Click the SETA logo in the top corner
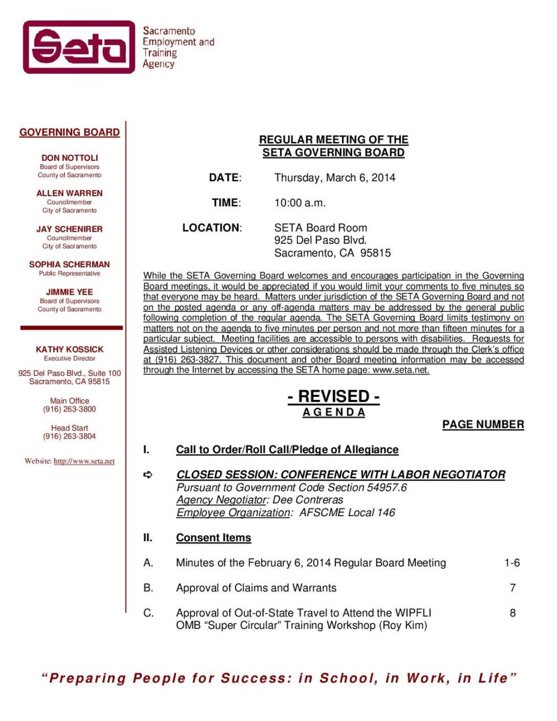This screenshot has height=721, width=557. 79,47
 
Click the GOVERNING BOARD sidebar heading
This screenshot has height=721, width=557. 70,132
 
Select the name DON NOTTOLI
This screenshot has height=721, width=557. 70,157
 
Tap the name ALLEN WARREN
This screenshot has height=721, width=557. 70,193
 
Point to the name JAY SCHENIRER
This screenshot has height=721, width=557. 70,229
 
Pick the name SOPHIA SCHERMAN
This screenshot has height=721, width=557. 70,264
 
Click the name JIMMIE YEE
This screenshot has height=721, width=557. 70,292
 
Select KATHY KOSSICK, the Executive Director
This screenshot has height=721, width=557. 70,349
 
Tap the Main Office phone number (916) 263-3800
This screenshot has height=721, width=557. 70,409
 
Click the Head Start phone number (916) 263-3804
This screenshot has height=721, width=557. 70,436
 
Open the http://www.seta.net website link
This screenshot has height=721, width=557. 84,461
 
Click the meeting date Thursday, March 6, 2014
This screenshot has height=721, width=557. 335,177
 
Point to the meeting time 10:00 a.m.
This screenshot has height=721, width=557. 300,203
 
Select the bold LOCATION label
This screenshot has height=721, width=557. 212,228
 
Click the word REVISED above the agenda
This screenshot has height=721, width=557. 333,396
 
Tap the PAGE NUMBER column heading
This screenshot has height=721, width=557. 483,425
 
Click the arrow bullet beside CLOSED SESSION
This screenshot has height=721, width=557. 148,474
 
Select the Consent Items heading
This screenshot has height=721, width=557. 213,538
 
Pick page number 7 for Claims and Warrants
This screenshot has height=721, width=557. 512,588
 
